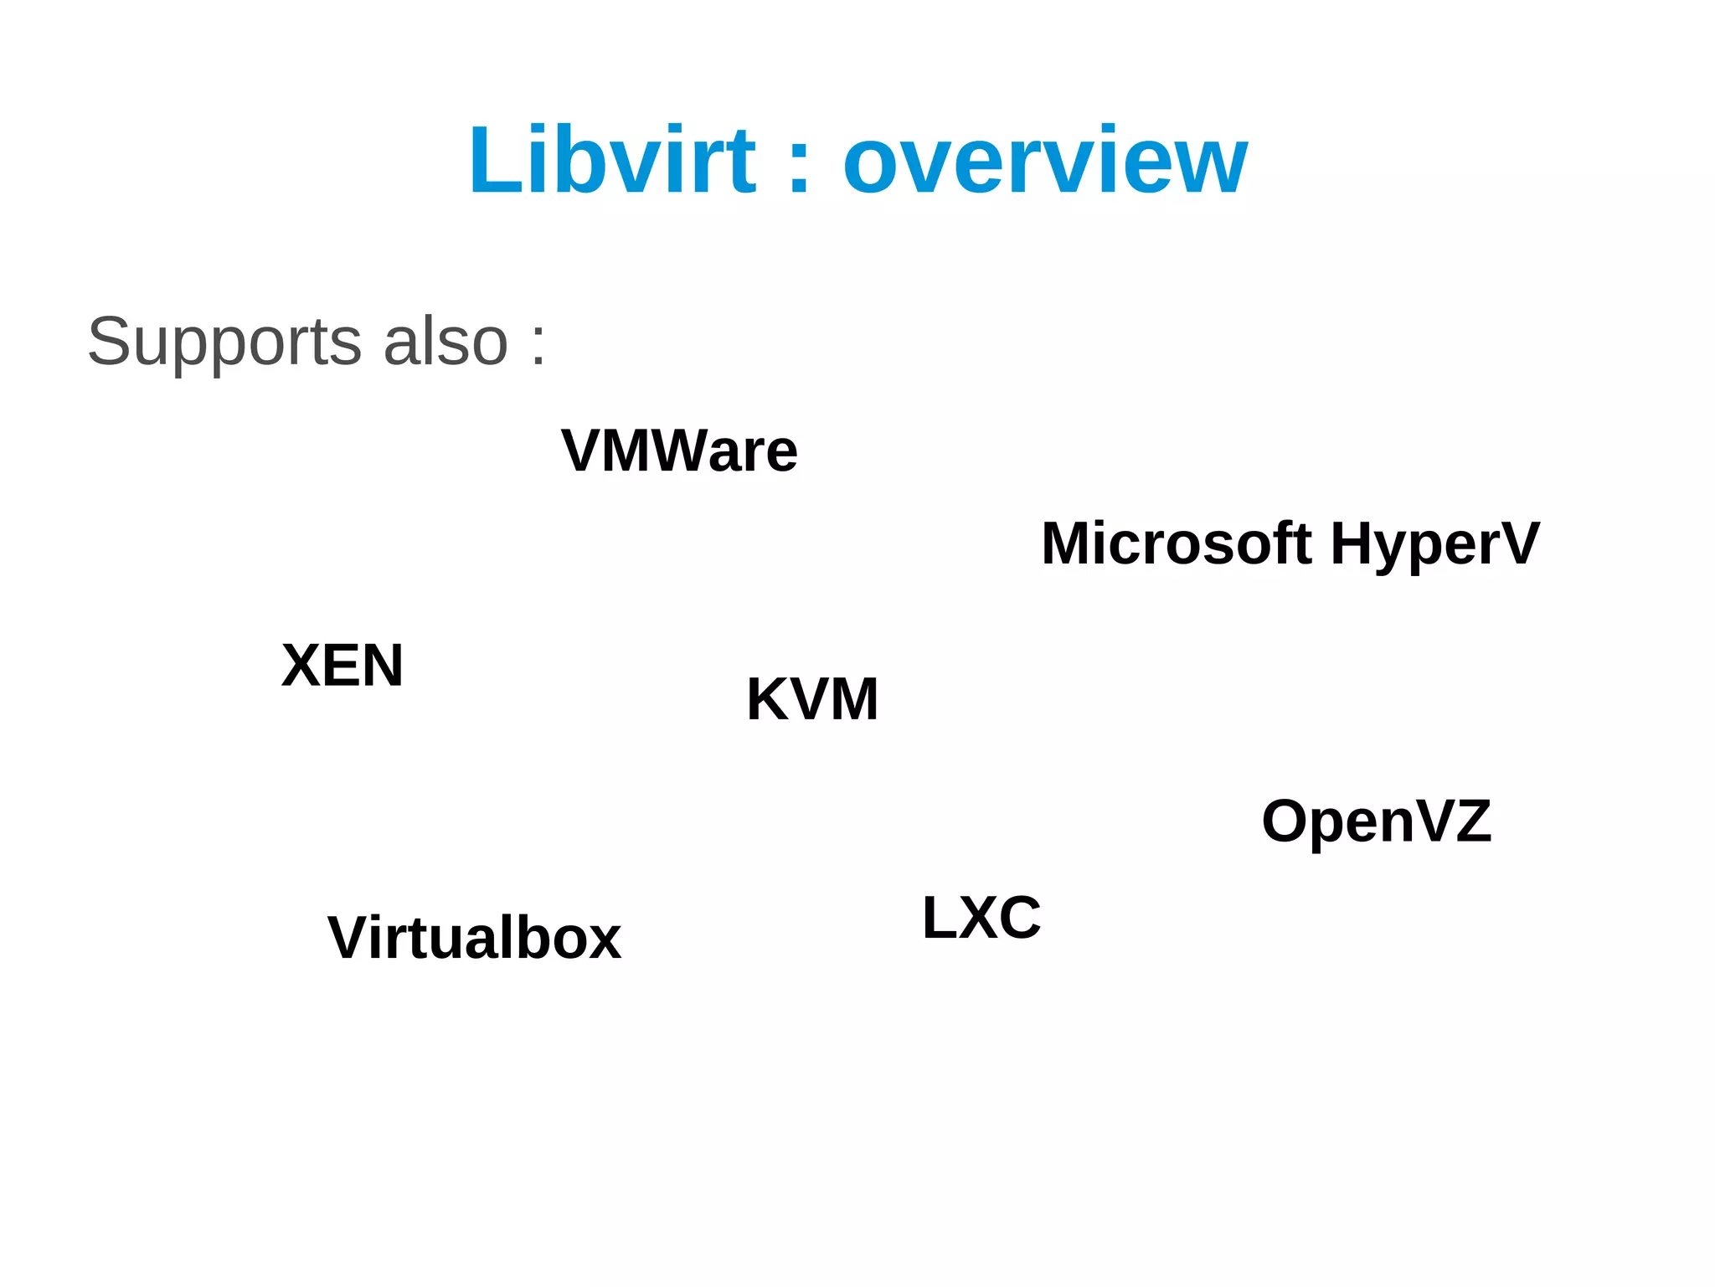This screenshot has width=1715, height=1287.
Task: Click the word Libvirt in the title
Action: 612,160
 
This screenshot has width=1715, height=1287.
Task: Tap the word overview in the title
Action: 1045,162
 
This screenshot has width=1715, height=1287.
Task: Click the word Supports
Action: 224,342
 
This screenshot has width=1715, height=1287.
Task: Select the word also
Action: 445,342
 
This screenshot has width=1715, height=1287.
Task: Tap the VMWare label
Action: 679,450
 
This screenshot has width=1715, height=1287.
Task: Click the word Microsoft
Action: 1177,543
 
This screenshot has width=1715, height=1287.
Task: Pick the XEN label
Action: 342,666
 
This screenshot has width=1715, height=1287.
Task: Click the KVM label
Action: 812,699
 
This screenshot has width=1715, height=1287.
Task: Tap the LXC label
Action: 981,918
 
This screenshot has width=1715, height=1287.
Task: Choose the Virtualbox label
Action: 474,938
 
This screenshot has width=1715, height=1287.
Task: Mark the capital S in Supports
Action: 108,342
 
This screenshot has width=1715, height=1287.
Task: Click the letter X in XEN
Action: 301,666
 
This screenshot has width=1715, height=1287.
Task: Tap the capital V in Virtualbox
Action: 351,938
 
